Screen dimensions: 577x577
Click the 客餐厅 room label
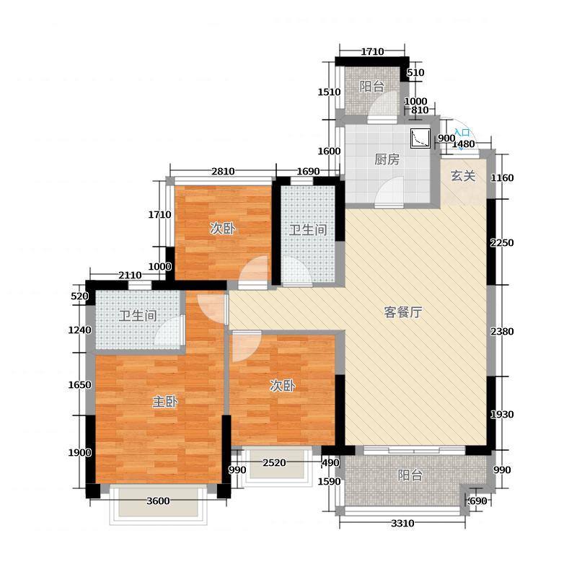[403, 312]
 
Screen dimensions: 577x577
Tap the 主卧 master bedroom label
[165, 402]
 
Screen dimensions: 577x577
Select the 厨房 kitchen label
[387, 159]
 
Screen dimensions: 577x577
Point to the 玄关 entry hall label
[463, 176]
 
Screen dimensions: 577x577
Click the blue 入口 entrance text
[462, 133]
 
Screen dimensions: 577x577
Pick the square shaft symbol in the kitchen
[420, 138]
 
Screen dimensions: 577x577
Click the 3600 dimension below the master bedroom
[158, 501]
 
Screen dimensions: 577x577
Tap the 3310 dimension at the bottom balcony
[402, 523]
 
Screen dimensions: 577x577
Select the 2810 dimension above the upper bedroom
[223, 172]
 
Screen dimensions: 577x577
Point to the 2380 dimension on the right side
[502, 332]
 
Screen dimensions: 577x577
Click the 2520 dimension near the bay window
[274, 462]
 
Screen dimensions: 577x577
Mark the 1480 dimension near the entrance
[463, 144]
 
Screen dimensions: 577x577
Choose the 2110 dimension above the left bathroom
[130, 275]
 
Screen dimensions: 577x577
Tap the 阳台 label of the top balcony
[372, 87]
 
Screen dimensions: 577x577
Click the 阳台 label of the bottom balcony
[410, 475]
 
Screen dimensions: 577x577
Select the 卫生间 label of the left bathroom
[138, 315]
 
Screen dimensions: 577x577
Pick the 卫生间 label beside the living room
[308, 229]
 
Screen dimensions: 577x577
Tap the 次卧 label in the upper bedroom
[223, 228]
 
